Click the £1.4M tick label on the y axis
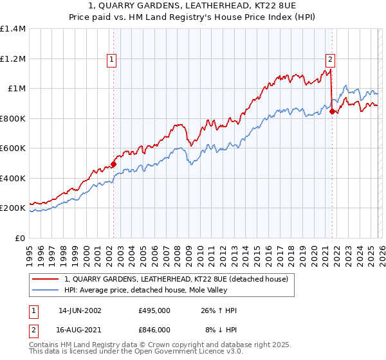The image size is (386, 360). pyautogui.click(x=13, y=29)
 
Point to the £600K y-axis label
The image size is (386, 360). pyautogui.click(x=13, y=148)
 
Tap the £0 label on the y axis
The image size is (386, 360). pyautogui.click(x=20, y=239)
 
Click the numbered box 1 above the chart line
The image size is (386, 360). pyautogui.click(x=111, y=59)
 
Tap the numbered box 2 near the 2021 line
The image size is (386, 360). pyautogui.click(x=330, y=59)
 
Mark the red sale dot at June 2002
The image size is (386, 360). pyautogui.click(x=113, y=164)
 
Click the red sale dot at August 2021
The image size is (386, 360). pyautogui.click(x=332, y=111)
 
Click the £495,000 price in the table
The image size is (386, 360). pyautogui.click(x=154, y=310)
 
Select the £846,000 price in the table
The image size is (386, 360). pyautogui.click(x=154, y=329)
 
